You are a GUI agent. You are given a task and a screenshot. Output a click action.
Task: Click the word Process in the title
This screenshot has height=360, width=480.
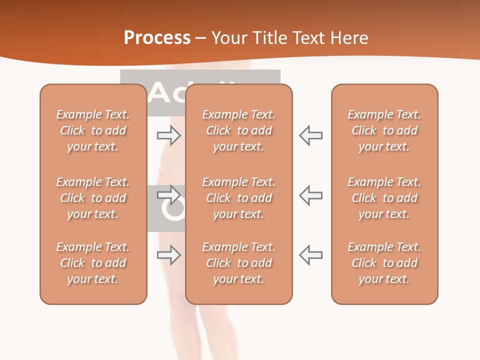tap(157, 37)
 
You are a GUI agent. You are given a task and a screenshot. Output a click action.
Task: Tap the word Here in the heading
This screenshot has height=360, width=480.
tap(348, 37)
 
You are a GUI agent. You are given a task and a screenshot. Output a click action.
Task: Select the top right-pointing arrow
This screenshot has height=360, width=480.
tap(169, 135)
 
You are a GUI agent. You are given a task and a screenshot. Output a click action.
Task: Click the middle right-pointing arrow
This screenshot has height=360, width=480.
tap(169, 195)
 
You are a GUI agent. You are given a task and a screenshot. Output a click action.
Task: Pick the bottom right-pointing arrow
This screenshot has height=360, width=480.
tap(169, 255)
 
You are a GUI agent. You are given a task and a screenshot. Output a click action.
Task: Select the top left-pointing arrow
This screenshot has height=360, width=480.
tap(310, 135)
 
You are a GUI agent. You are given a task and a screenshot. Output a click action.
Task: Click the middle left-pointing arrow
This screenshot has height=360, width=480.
tap(310, 195)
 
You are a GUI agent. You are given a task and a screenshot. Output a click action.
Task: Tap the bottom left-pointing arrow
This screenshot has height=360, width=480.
tap(310, 255)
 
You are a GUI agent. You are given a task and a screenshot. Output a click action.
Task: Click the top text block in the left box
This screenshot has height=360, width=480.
tap(93, 130)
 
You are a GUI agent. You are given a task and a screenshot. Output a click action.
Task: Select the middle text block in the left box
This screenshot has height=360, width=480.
tap(93, 198)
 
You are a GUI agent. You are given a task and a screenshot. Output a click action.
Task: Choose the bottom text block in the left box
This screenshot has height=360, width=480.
tap(93, 263)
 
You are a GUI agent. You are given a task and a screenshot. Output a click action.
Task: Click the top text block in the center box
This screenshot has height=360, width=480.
tap(238, 130)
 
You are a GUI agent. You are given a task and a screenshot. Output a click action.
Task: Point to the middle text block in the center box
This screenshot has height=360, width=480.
tap(238, 198)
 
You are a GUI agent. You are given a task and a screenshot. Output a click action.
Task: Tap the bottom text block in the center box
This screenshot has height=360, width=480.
tap(238, 263)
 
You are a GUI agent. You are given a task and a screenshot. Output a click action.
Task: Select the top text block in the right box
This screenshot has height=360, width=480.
tap(384, 130)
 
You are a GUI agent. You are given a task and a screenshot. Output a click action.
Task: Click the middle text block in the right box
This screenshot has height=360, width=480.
tap(384, 198)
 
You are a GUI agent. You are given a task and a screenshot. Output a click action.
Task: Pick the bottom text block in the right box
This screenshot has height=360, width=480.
tap(384, 263)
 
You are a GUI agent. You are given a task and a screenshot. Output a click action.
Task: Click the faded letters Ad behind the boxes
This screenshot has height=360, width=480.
tap(167, 93)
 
